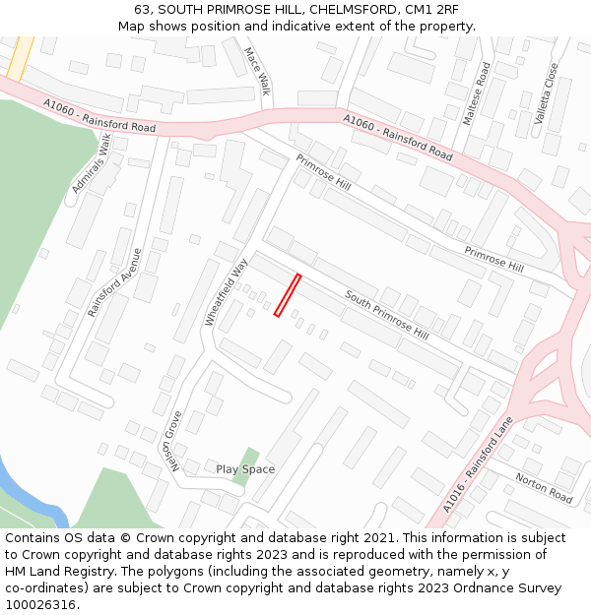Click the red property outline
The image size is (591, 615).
(287, 295)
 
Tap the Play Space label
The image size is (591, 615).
(245, 469)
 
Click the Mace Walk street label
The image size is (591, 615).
(256, 71)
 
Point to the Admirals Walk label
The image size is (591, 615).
(92, 163)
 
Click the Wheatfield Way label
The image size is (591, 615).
(226, 292)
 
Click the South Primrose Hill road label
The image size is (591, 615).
(386, 314)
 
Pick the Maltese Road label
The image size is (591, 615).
(477, 93)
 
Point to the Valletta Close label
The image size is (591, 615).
(546, 93)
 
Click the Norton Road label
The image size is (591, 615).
(543, 489)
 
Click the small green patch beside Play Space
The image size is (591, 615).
(250, 457)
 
